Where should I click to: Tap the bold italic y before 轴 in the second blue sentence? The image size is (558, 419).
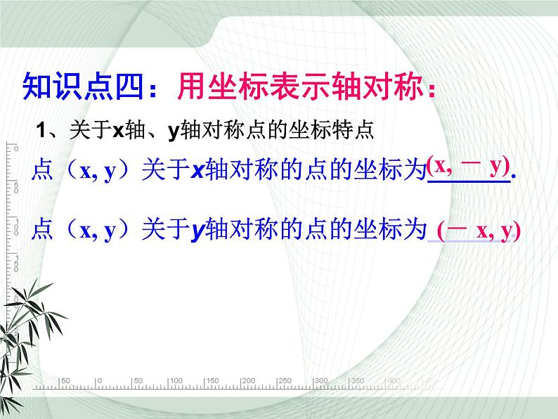pyautogui.click(x=197, y=231)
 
